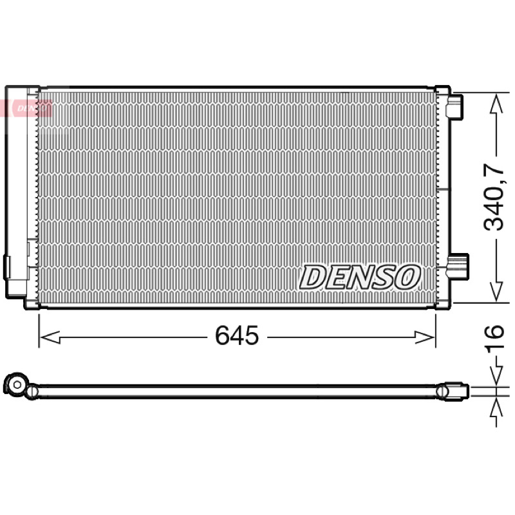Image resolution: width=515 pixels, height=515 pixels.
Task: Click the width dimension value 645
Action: (237, 335)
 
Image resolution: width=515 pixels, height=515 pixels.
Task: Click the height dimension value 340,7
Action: (494, 196)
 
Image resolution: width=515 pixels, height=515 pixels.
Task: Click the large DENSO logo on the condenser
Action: (360, 277)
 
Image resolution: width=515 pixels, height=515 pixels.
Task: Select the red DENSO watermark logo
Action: (26, 108)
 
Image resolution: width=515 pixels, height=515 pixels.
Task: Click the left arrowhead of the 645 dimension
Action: (50, 337)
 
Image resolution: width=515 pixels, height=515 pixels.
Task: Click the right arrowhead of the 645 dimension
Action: (425, 337)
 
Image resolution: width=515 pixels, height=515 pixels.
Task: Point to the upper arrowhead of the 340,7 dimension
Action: (496, 103)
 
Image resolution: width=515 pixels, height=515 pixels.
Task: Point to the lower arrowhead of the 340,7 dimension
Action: (496, 291)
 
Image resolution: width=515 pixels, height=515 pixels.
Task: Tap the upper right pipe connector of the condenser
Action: (454, 106)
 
